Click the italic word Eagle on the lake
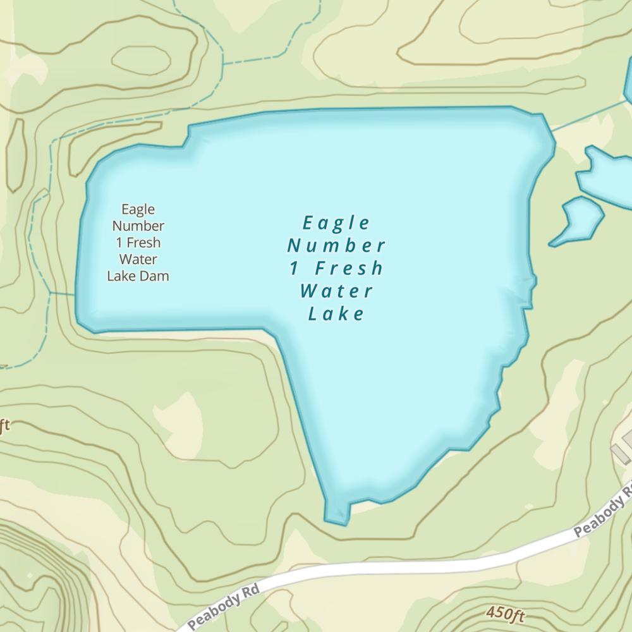pyautogui.click(x=336, y=223)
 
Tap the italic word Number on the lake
pyautogui.click(x=336, y=245)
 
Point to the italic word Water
pyautogui.click(x=336, y=291)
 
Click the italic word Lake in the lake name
pyautogui.click(x=336, y=313)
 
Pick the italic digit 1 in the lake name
pyautogui.click(x=294, y=268)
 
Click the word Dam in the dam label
pyautogui.click(x=156, y=276)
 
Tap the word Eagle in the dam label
pyautogui.click(x=138, y=209)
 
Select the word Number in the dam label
pyautogui.click(x=138, y=226)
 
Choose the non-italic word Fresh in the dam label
pyautogui.click(x=143, y=242)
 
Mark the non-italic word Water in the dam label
pyautogui.click(x=138, y=259)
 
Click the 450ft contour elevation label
pyautogui.click(x=506, y=613)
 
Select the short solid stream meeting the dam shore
pyautogui.click(x=63, y=294)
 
